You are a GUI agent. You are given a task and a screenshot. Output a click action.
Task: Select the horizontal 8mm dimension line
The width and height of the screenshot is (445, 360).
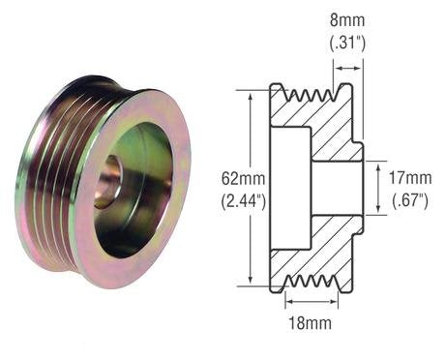click(x=348, y=69)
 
